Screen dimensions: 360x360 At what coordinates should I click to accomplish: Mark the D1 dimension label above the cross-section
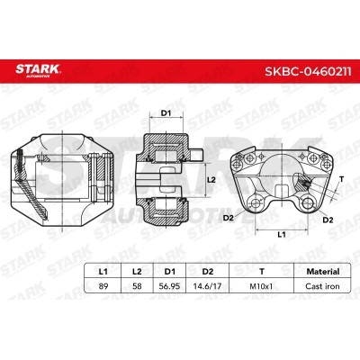point(166,112)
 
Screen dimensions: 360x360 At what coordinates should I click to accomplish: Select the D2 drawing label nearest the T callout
point(328,220)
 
